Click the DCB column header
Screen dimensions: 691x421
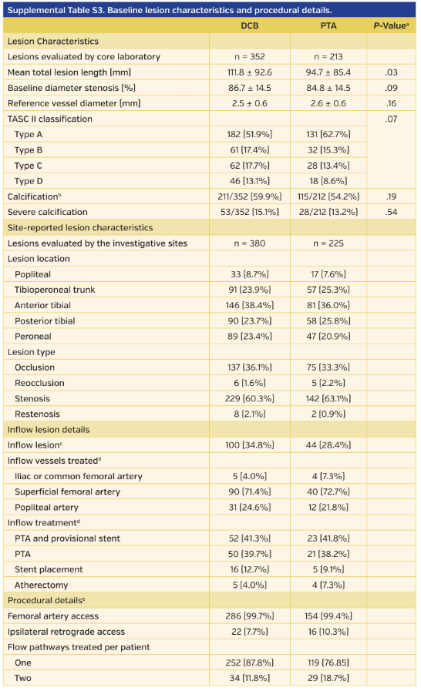249,25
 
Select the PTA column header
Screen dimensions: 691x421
328,25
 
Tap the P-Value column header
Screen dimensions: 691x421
390,25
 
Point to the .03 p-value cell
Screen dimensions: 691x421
391,72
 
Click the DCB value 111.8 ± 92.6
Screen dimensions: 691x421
249,72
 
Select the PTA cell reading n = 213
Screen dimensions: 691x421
328,56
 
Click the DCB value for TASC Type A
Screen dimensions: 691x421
249,134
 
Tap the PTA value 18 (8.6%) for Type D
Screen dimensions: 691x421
328,181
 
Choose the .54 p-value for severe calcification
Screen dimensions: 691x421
391,212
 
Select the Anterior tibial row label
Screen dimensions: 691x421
45,305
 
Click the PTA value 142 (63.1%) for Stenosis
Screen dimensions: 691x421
328,398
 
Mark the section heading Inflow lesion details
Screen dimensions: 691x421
49,429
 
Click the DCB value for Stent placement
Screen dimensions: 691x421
249,569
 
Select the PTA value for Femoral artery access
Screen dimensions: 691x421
328,616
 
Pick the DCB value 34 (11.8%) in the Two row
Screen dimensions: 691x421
249,678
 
